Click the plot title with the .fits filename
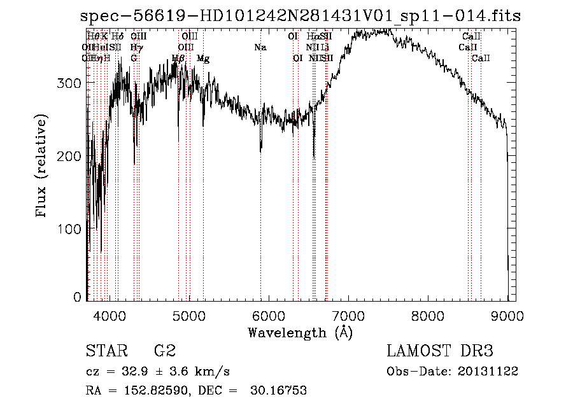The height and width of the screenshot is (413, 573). point(301,17)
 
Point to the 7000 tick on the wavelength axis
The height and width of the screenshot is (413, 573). point(348,313)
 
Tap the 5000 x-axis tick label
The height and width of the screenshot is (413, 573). point(189,313)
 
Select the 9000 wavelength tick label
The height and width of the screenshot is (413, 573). point(507,313)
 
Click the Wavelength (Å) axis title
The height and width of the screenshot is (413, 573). point(300,332)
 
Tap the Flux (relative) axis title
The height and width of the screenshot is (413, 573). point(42,167)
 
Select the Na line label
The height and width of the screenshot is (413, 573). point(260,48)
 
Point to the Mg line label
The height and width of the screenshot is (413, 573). point(203,59)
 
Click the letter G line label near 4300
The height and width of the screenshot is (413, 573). point(134,59)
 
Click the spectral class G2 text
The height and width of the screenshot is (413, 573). point(165,351)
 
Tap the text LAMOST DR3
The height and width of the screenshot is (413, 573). point(440,351)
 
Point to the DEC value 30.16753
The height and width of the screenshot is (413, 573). point(280,391)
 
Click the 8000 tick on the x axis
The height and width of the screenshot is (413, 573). point(428,313)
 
